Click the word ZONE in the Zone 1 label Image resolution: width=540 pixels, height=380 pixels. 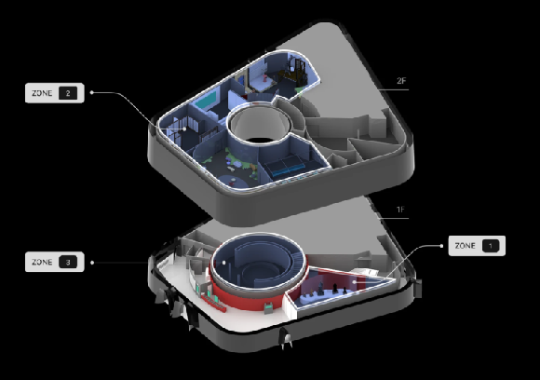pos(465,246)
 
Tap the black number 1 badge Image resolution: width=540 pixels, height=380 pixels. pos(491,246)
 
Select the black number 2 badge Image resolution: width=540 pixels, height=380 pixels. pos(68,93)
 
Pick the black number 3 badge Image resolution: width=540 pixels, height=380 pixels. pos(68,262)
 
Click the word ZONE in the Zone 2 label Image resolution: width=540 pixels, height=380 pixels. pos(42,93)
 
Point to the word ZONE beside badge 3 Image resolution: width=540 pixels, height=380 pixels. pos(42,262)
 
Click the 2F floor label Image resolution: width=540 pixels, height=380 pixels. pos(401,81)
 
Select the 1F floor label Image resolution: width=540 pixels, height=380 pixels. pos(400,210)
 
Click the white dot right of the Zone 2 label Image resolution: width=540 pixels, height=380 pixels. pos(91,92)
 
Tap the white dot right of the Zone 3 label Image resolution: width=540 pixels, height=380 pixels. pos(92,263)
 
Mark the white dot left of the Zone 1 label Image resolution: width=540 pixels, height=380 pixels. pos(441,246)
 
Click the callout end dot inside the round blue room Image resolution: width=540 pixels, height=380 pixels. pos(223,263)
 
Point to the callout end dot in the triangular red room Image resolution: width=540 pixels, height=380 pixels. pos(355,282)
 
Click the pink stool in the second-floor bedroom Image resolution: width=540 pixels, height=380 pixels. pos(264,79)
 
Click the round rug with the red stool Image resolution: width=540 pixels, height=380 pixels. pos(234,181)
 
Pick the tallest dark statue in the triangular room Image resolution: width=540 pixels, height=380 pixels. pos(321,289)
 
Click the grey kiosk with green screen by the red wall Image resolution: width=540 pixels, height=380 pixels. pos(268,307)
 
